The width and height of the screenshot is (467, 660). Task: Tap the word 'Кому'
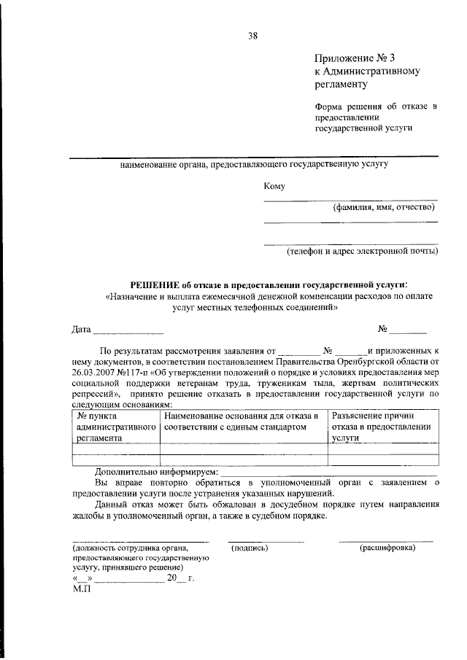(x=274, y=187)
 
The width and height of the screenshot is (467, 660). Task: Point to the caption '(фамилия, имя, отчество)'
(x=385, y=207)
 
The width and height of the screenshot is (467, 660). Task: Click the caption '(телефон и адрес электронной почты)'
(x=362, y=252)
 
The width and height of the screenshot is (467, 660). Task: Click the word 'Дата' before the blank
(x=81, y=330)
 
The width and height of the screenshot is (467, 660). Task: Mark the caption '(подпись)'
(x=249, y=548)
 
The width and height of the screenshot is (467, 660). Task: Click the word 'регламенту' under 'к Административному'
(x=340, y=85)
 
